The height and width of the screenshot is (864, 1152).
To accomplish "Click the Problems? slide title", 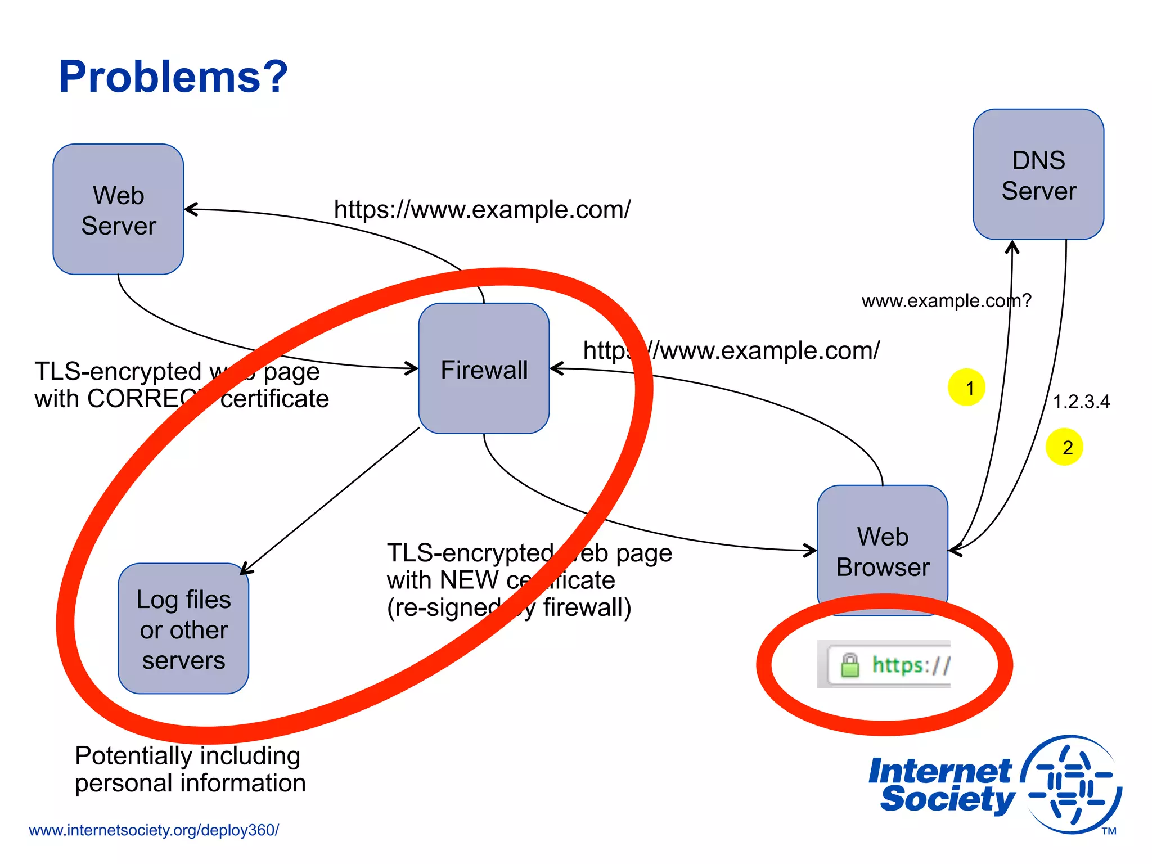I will click(173, 76).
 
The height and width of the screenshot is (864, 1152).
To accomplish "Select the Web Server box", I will click(118, 209).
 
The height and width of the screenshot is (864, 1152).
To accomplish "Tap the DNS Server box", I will click(1038, 174).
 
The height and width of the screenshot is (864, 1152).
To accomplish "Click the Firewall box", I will click(484, 368).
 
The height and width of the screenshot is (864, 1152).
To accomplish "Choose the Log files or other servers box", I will click(183, 629).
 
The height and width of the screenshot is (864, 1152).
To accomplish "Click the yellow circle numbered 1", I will click(966, 388).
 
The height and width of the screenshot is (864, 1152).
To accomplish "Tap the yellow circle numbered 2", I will click(1064, 447).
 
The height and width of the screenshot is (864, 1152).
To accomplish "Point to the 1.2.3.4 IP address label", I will click(1081, 402).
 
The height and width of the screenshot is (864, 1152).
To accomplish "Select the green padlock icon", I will click(850, 665).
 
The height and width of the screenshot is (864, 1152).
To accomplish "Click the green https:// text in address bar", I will click(910, 665).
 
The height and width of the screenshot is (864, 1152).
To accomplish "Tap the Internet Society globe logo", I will click(1072, 785).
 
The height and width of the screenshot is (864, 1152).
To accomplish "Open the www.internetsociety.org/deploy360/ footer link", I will click(154, 830).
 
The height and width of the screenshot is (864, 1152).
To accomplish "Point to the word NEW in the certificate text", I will click(470, 580).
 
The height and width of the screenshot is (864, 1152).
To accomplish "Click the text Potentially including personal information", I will click(190, 769).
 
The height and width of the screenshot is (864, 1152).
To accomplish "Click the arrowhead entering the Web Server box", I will click(190, 209).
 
